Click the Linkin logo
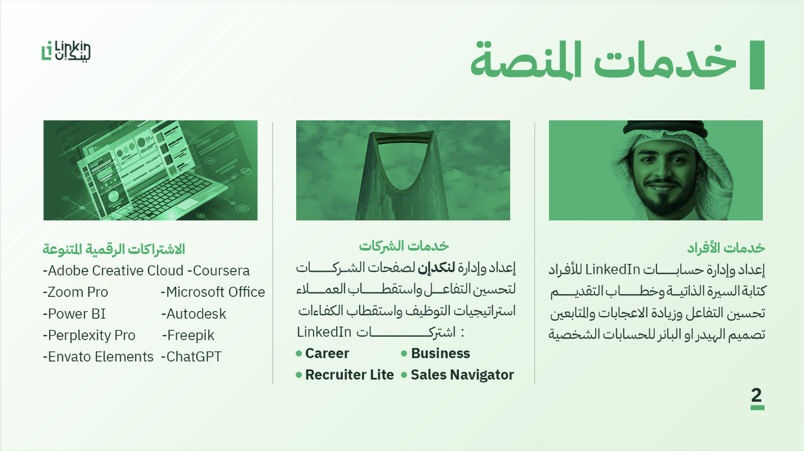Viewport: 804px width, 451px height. (66, 51)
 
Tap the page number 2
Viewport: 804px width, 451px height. (756, 395)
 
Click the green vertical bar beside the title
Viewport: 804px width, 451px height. (757, 65)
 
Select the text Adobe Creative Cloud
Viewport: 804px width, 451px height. (115, 270)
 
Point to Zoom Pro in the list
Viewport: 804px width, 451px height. (78, 292)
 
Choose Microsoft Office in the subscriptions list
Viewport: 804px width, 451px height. (215, 292)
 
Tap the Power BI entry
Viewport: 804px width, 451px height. (77, 314)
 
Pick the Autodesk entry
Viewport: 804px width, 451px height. (196, 314)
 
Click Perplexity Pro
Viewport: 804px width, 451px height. (92, 336)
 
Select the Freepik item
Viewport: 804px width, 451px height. (191, 336)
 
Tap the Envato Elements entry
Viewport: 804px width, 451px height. (100, 357)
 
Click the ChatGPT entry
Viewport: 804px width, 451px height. (194, 357)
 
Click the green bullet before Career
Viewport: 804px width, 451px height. (298, 354)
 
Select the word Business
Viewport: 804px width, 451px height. (440, 354)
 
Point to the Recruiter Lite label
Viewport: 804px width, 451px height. (350, 375)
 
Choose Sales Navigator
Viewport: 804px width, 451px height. (462, 375)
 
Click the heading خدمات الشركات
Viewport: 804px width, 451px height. (404, 246)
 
